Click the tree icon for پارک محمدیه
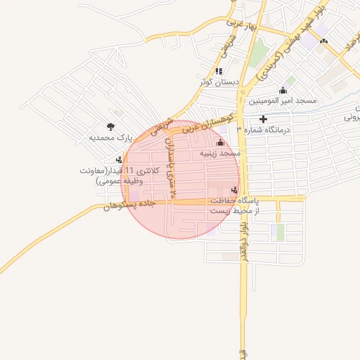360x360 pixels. (x=111, y=127)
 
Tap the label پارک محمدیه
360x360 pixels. (x=110, y=139)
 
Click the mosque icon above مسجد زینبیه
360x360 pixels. (x=219, y=143)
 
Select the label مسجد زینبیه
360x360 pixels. (x=219, y=153)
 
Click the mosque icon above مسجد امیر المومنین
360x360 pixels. (x=283, y=90)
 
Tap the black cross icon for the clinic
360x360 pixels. (x=264, y=119)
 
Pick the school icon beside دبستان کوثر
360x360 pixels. (x=219, y=71)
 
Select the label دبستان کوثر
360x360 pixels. (x=219, y=82)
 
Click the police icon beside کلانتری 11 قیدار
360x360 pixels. (x=119, y=160)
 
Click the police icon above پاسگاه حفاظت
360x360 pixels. (x=234, y=190)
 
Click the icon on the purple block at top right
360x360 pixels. (x=323, y=41)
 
